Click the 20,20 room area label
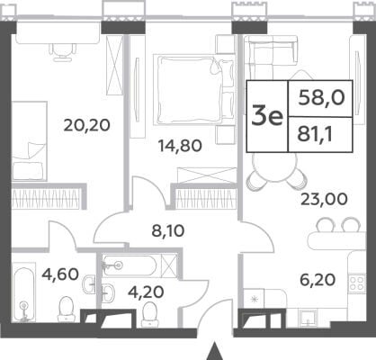point(87,125)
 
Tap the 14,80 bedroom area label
point(180,146)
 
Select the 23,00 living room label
point(324,199)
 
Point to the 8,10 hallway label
point(168,231)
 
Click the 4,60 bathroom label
point(60,274)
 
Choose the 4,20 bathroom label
point(146,292)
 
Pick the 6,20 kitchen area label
point(318,280)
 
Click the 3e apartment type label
point(267,116)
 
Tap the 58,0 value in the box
point(321,98)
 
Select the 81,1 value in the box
point(315,135)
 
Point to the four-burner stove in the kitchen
point(357,283)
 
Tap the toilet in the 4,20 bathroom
point(149,314)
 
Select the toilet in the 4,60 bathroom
point(66,309)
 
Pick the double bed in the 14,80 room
point(193,89)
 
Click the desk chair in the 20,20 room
point(63,52)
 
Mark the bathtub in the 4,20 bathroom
point(130,265)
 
